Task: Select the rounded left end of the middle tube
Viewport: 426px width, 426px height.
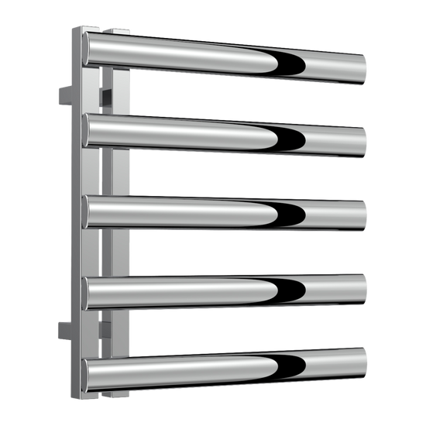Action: (x=88, y=212)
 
